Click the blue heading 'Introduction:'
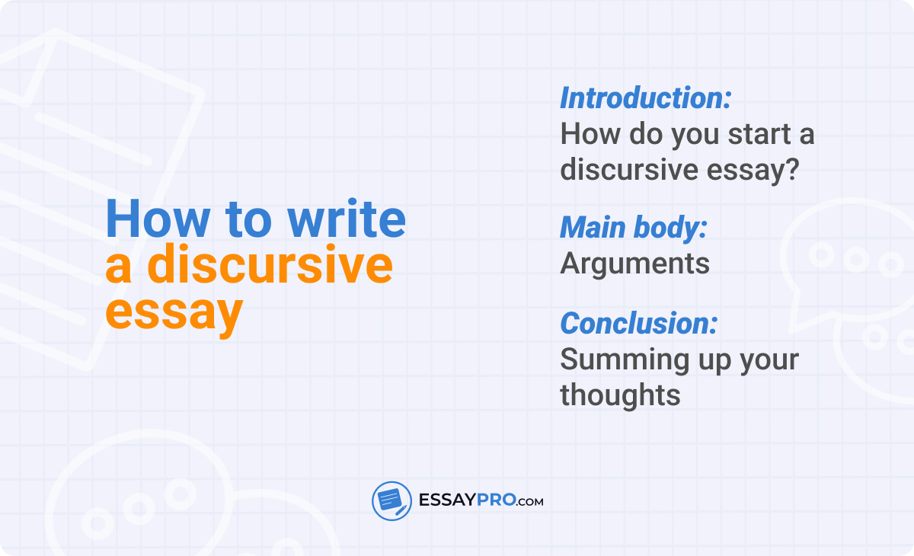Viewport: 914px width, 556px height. tap(646, 98)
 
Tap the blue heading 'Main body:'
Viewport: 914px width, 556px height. tap(634, 228)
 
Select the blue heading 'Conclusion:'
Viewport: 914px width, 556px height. tap(638, 324)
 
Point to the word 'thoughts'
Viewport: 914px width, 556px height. tap(620, 395)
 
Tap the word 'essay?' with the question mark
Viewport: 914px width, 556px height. tap(753, 170)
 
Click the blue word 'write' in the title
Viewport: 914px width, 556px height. tap(347, 219)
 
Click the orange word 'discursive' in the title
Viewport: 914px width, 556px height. tap(270, 264)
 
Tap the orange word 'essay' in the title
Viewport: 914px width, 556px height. tap(174, 313)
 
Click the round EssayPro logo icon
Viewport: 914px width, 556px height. tap(391, 501)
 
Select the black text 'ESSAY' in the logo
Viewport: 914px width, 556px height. tap(448, 500)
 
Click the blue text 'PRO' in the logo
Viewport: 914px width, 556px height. tap(496, 500)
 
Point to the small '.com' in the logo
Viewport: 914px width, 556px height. tap(529, 502)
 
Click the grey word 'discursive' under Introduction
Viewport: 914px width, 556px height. tap(629, 169)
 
